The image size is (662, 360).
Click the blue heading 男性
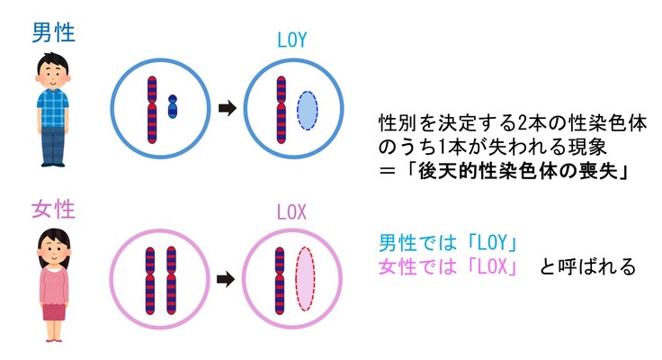pyautogui.click(x=53, y=32)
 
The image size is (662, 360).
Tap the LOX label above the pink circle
pyautogui.click(x=291, y=213)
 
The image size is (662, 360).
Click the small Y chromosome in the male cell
pyautogui.click(x=174, y=107)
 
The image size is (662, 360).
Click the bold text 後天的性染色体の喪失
pyautogui.click(x=511, y=170)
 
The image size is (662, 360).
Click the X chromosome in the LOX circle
pyautogui.click(x=280, y=280)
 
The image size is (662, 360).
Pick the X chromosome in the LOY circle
pyautogui.click(x=280, y=109)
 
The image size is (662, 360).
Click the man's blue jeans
pyautogui.click(x=53, y=144)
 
